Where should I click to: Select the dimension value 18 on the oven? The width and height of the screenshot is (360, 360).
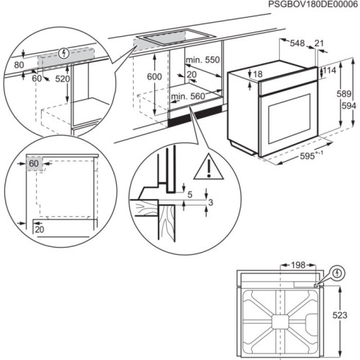pos(257,74)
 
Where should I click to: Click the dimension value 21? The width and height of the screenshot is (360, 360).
pos(317,44)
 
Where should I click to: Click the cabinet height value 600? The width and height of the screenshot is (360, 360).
pos(153,77)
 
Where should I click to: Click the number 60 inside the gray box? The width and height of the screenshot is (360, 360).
pos(34,163)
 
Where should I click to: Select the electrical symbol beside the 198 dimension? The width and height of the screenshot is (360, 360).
pos(336,273)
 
